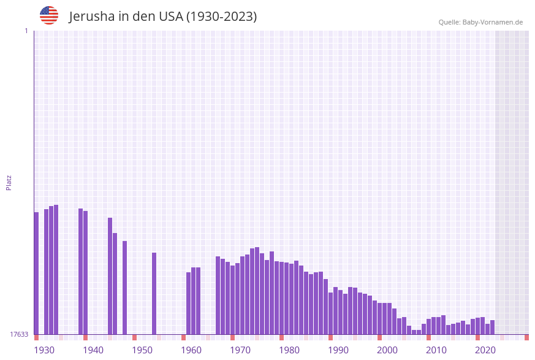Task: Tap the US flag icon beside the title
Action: click(49, 15)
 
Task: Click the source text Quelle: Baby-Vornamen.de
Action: click(480, 23)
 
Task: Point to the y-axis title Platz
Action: click(9, 182)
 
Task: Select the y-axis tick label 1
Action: click(26, 31)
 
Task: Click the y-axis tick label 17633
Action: click(19, 334)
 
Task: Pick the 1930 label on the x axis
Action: click(44, 350)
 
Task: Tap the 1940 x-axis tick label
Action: click(93, 350)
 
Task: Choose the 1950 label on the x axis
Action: click(142, 350)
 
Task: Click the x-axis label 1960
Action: click(191, 350)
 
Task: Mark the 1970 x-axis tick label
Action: click(240, 350)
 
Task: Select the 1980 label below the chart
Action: click(289, 350)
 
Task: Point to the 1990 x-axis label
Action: click(338, 350)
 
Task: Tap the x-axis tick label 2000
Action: click(387, 350)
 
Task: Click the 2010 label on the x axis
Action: click(436, 350)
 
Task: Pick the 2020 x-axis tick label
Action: click(485, 350)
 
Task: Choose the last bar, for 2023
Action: click(492, 327)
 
